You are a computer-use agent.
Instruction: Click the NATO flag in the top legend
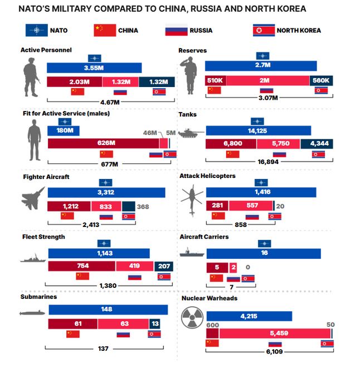tap(37, 30)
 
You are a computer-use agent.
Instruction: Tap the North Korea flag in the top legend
tap(264, 30)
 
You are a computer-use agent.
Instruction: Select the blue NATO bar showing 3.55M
tap(94, 68)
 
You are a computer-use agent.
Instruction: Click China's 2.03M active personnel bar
tap(75, 82)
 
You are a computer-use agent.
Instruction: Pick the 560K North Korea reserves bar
tap(321, 80)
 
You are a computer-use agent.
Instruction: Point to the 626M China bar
tap(104, 143)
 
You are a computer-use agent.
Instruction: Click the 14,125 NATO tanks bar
tap(259, 131)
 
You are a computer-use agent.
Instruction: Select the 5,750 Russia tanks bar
tap(278, 144)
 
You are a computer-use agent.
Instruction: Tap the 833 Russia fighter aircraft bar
tap(105, 206)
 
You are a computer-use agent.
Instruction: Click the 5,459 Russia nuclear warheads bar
tap(274, 334)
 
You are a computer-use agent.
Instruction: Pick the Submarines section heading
tap(38, 297)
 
